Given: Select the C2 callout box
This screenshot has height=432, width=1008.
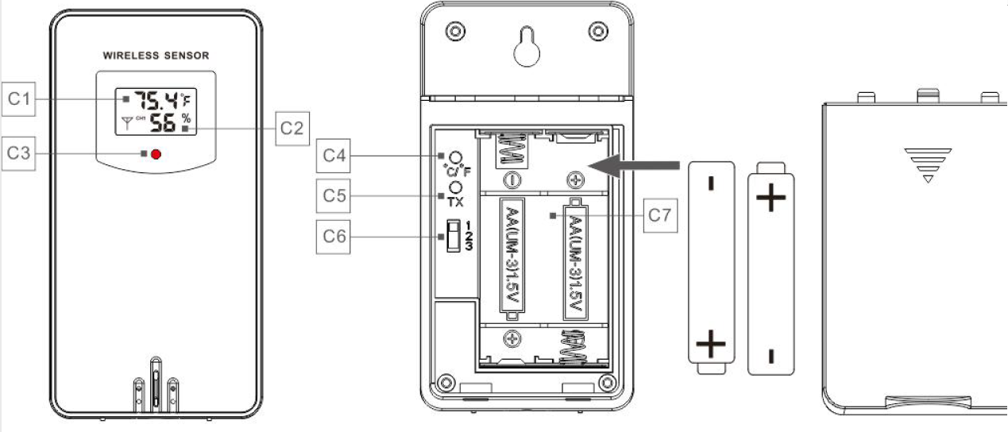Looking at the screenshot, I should (292, 128).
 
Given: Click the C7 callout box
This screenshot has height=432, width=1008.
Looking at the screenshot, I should (659, 215).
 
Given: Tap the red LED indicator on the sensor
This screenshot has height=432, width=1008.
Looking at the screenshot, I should (156, 153).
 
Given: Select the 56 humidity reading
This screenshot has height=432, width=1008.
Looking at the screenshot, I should (164, 122).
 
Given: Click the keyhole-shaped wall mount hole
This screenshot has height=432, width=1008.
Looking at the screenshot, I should (526, 48).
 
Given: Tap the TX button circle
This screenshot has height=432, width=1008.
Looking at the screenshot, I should (456, 187).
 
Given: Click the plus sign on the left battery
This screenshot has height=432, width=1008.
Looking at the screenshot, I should (710, 345).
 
